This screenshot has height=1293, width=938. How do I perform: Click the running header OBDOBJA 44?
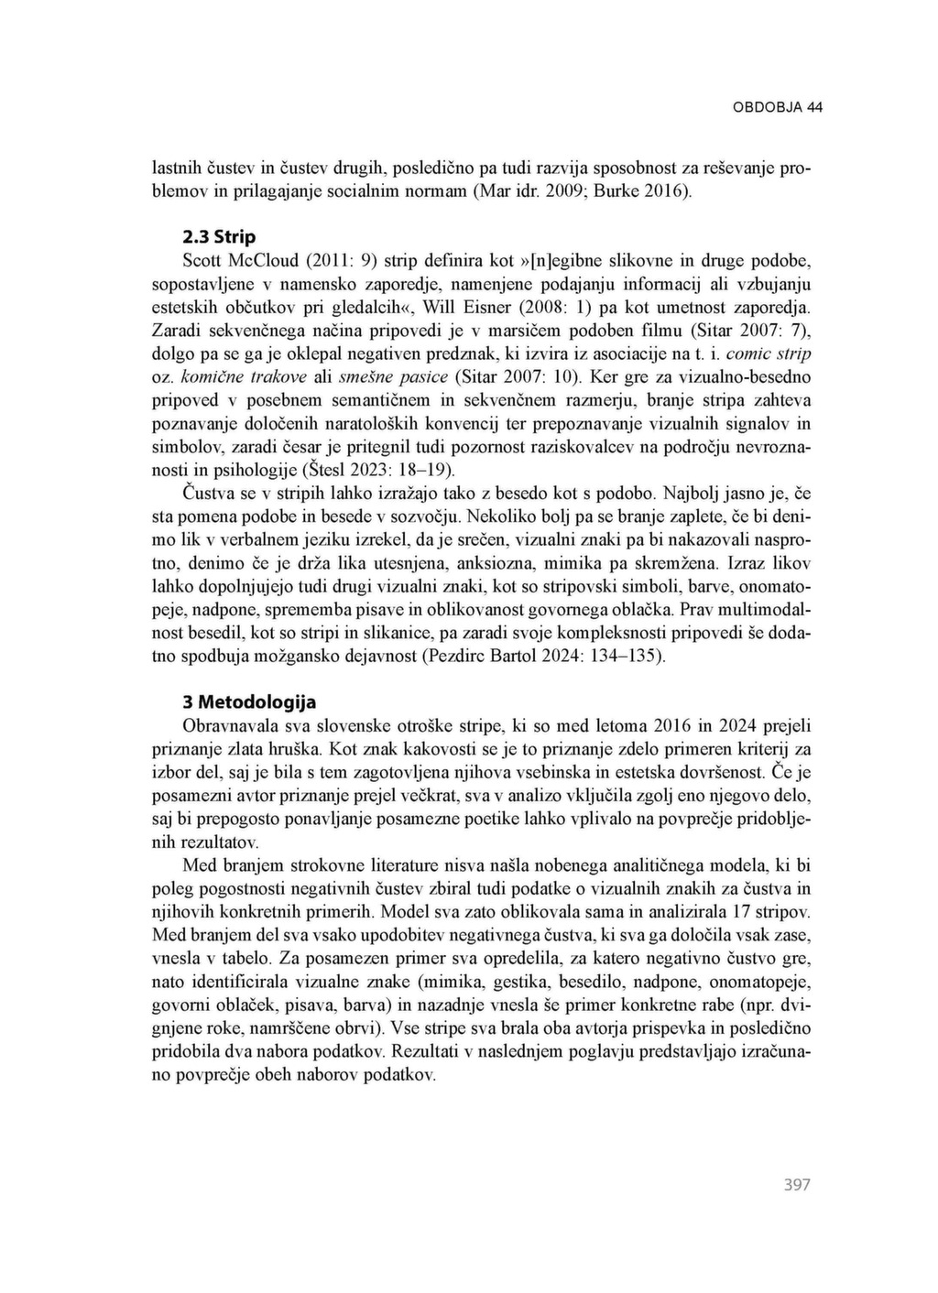click(x=777, y=107)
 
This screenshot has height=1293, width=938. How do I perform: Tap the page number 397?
click(x=797, y=1185)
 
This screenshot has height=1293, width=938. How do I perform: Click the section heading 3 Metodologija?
click(x=249, y=702)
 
